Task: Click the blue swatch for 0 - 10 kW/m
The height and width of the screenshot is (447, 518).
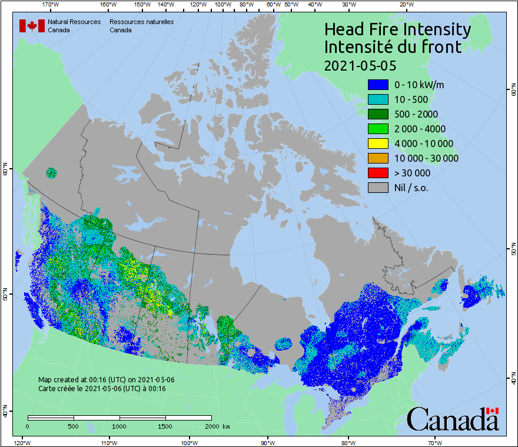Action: [x=378, y=84]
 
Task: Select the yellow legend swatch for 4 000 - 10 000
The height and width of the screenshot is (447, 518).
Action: [x=378, y=143]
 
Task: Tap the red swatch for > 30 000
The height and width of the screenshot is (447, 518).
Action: [x=378, y=172]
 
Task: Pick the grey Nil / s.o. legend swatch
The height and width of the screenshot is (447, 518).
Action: [x=378, y=188]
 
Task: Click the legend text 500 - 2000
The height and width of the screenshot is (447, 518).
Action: [x=416, y=114]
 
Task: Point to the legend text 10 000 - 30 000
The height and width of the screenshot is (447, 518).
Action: [x=426, y=158]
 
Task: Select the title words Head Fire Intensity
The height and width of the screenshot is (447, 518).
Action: [x=397, y=29]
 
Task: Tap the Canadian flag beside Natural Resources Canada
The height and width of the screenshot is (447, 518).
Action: [x=32, y=26]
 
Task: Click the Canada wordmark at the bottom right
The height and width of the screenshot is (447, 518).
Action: [x=453, y=419]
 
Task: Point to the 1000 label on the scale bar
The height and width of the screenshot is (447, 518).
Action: [x=119, y=426]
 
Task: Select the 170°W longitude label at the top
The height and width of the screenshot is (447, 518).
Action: [x=51, y=5]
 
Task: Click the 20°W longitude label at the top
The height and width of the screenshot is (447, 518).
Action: [x=406, y=5]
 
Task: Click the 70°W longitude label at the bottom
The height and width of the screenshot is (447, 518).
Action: [x=434, y=442]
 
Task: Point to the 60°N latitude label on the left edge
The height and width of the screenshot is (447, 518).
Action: [x=5, y=171]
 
